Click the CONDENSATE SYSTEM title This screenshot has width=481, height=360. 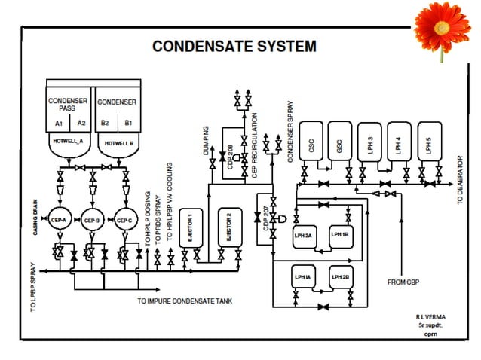[x=234, y=47]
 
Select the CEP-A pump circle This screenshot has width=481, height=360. [x=59, y=220]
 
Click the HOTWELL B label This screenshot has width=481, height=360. [x=118, y=142]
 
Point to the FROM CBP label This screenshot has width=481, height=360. [x=406, y=282]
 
